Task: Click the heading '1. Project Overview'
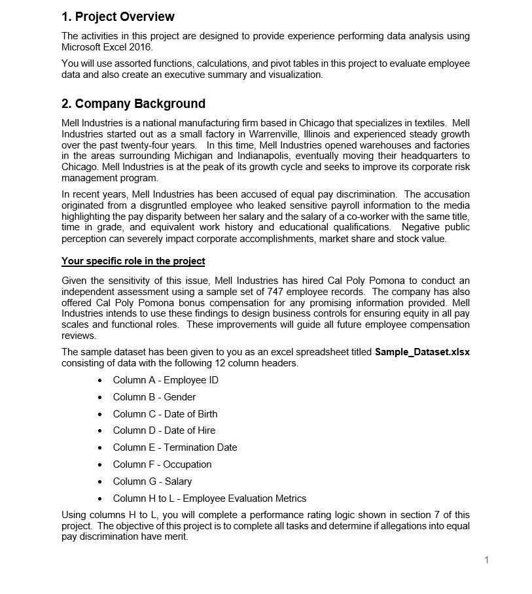tap(118, 17)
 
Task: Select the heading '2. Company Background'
tap(133, 104)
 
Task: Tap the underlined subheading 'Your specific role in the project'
tap(133, 261)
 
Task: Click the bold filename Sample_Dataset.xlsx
tap(422, 352)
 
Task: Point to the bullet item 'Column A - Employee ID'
tap(166, 380)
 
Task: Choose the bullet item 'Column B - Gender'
tap(154, 397)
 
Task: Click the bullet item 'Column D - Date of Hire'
tap(164, 430)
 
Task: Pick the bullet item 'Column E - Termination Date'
tap(175, 447)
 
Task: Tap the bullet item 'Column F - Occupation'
tap(162, 464)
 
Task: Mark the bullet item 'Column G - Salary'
tap(152, 481)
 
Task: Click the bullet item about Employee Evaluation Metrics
tap(209, 498)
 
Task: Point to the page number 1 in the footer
tap(486, 559)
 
